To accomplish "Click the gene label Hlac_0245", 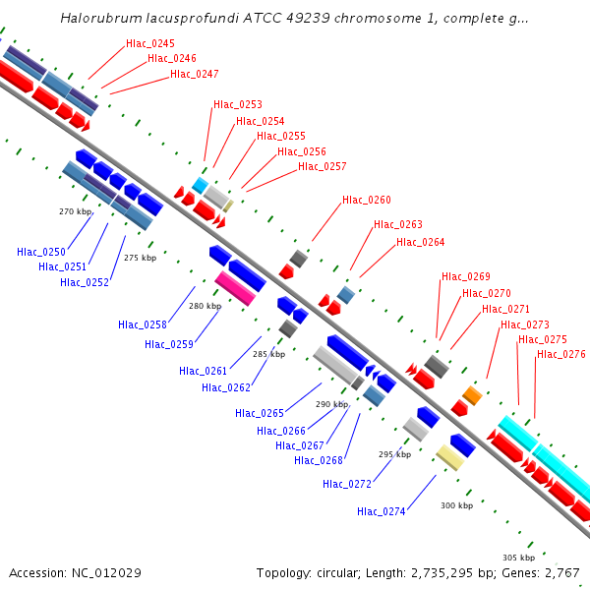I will coord(150,43).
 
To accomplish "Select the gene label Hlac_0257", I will coord(322,166).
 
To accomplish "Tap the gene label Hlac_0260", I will coord(366,201).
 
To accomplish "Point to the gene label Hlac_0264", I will coord(420,242).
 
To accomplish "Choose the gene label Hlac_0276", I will coord(560,354).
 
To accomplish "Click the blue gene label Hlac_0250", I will coord(41,252).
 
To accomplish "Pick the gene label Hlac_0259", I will coord(168,344).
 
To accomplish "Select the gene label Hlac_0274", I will coord(382,510).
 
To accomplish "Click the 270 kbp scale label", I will coord(75,211).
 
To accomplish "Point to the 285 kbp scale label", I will coord(268,354).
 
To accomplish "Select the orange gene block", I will coord(472,395).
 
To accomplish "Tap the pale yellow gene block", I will coord(449,457).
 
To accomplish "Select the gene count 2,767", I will coord(560,572).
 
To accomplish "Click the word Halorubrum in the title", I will coord(96,18).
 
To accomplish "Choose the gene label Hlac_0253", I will coord(237,104).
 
